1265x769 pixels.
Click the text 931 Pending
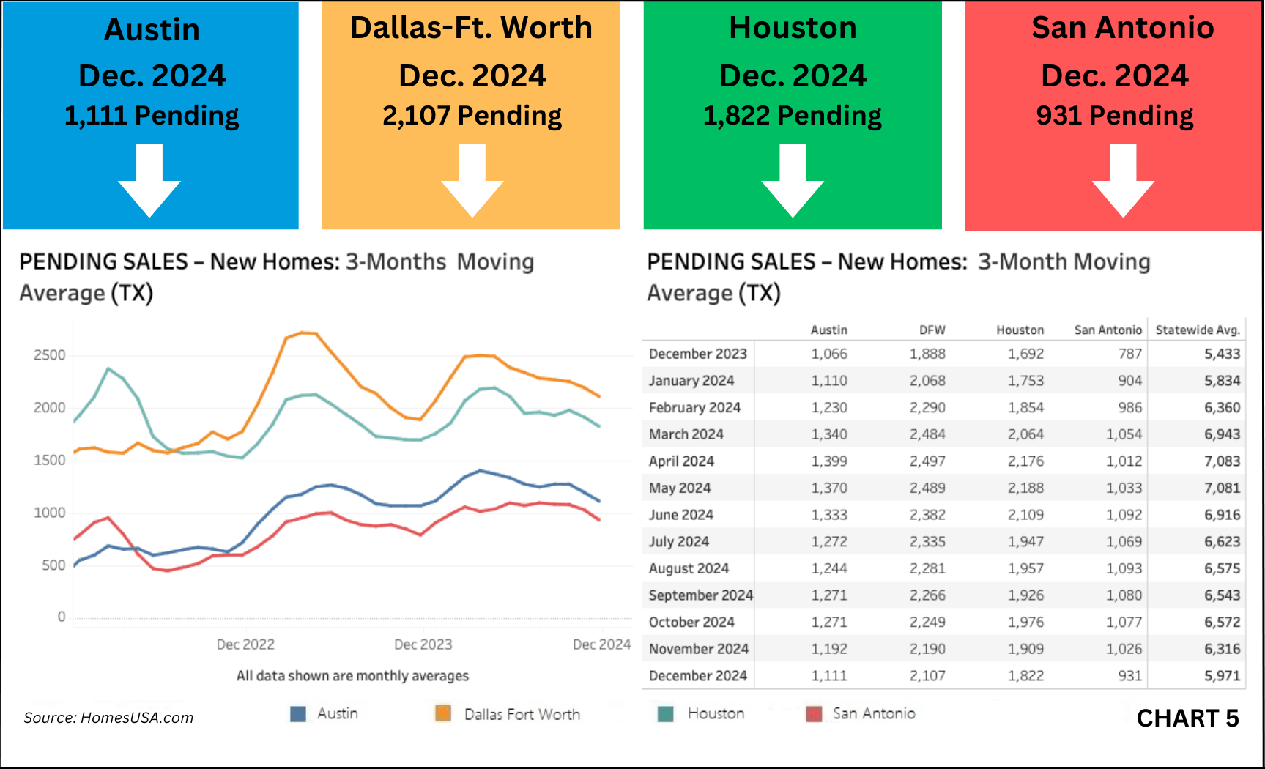[1114, 116]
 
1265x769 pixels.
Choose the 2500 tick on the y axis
[50, 355]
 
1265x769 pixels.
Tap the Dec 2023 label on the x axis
[423, 644]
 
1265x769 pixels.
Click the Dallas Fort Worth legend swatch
[443, 713]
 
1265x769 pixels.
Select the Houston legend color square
[666, 713]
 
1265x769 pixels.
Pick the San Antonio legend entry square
[814, 713]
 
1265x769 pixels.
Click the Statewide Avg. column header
[1198, 330]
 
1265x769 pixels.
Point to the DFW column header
[932, 330]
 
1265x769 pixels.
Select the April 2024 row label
[681, 461]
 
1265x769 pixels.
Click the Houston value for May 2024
[1025, 488]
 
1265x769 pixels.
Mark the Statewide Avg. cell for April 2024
[1222, 461]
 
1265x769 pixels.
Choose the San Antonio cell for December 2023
[1129, 354]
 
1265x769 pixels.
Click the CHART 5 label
[1187, 718]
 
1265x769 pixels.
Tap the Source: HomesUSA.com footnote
[108, 718]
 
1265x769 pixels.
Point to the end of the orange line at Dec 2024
[600, 396]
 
